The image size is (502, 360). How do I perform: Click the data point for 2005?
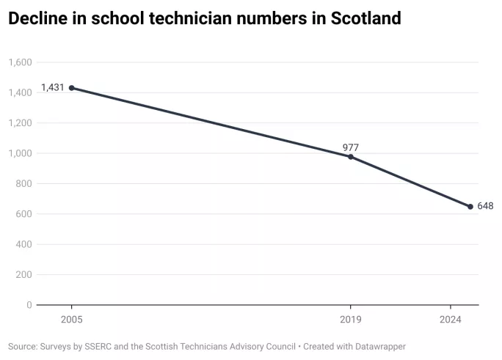71,88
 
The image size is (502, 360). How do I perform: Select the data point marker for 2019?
351,157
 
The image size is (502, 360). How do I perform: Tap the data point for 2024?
470,207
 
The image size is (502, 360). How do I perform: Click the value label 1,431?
53,87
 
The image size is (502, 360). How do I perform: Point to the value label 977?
351,147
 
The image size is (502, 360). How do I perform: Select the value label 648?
485,206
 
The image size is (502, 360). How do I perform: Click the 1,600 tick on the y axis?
20,62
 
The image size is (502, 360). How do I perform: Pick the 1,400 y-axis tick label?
20,92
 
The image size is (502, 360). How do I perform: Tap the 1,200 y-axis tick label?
20,123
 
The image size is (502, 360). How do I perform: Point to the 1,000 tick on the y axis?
20,153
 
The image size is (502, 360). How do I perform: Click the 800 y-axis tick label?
24,184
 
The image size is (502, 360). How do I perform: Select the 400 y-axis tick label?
24,244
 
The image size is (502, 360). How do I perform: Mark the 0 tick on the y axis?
29,305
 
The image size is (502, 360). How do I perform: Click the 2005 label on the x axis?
71,320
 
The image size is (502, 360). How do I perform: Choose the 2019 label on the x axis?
351,320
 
